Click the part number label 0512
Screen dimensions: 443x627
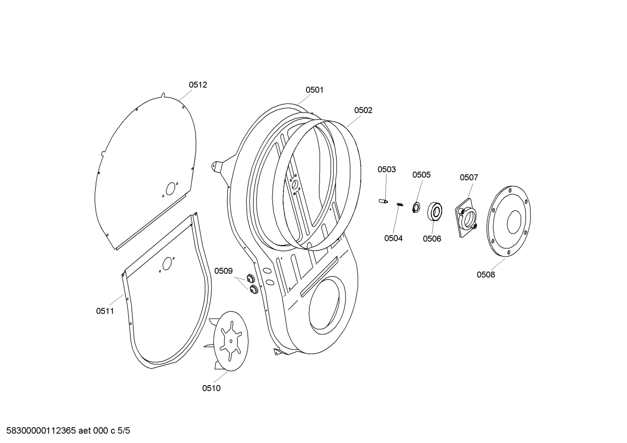pos(197,85)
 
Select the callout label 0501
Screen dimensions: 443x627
pos(314,90)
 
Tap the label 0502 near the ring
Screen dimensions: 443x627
pos(363,110)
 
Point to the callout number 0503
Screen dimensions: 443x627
pos(387,170)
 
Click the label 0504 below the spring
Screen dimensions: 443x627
pos(393,238)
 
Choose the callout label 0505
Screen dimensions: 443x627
pos(421,175)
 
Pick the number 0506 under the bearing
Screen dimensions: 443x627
pos(432,239)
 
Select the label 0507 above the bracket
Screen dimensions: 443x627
pos(469,177)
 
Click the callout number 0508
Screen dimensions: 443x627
pos(486,275)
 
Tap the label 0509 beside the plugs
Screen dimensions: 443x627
pos(223,271)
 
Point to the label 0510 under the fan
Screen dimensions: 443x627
pos(211,388)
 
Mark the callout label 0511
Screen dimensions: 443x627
pos(105,311)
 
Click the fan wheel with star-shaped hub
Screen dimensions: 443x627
pos(230,341)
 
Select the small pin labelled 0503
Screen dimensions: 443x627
pos(383,201)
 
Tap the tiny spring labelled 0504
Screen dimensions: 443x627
pos(400,205)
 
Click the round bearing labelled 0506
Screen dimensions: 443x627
pos(435,212)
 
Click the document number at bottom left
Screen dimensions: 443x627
pos(65,431)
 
